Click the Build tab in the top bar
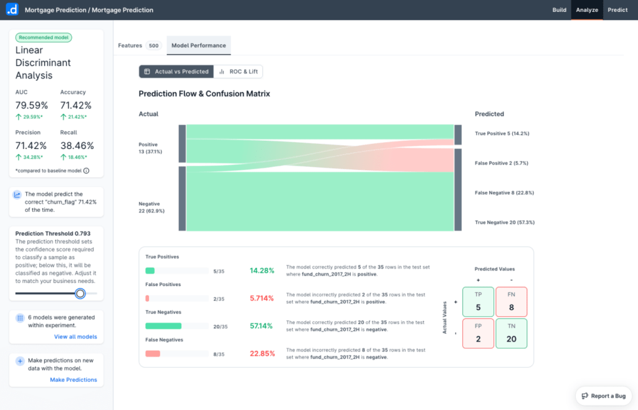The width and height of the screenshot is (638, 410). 559,10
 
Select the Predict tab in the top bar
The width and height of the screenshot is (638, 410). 617,10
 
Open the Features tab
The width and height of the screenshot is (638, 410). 130,45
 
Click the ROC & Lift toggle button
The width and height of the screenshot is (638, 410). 238,72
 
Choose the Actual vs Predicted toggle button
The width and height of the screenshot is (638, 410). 176,72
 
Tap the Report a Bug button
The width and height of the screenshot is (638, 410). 603,396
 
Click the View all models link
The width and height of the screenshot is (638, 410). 75,336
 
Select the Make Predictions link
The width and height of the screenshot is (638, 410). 74,379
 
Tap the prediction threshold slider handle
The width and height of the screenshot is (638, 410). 80,293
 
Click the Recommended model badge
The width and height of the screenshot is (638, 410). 44,37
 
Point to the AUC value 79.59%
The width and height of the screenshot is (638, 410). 32,105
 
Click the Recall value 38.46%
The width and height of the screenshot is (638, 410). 77,146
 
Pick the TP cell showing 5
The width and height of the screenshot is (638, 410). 478,302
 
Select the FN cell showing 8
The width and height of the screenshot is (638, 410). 511,302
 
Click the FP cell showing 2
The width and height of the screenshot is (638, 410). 478,333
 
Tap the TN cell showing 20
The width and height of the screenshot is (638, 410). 511,333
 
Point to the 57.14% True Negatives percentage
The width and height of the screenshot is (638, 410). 262,326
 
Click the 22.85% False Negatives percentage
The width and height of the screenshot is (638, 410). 262,353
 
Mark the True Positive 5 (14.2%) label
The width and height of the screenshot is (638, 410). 502,133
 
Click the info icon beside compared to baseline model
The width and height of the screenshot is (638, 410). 86,171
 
